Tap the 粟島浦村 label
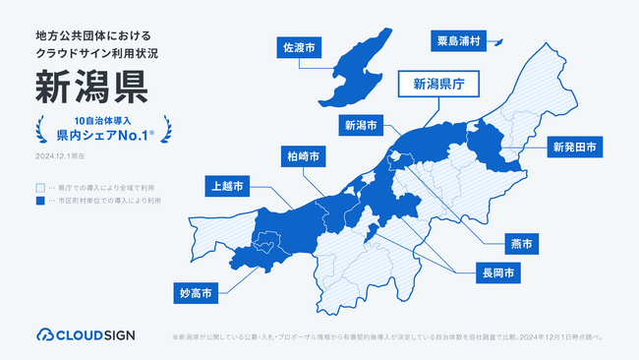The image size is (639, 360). (x=458, y=40)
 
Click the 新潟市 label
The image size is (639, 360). (x=361, y=125)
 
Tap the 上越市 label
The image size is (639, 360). (x=227, y=184)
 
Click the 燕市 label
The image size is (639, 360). (x=521, y=241)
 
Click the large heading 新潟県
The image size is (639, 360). (x=90, y=87)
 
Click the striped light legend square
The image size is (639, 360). (x=40, y=186)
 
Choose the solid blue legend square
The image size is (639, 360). (x=40, y=200)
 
